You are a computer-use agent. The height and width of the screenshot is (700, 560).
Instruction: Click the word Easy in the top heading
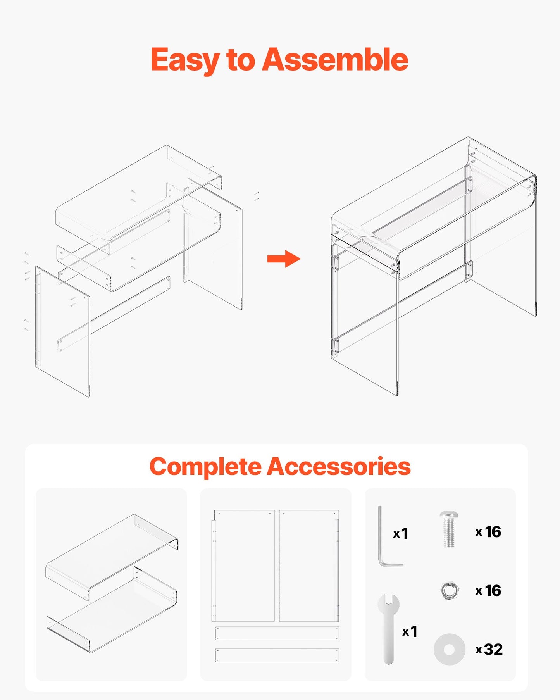pyautogui.click(x=183, y=60)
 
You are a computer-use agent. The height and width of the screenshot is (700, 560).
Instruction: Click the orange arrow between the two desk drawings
pyautogui.click(x=284, y=259)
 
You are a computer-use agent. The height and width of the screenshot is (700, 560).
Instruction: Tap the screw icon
pyautogui.click(x=449, y=529)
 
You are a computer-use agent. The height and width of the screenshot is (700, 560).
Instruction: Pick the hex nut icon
pyautogui.click(x=450, y=591)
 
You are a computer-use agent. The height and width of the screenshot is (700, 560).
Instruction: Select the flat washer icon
pyautogui.click(x=449, y=649)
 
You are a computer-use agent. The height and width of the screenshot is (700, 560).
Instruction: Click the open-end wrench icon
pyautogui.click(x=388, y=628)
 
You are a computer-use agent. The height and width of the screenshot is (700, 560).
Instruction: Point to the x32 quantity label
pyautogui.click(x=489, y=649)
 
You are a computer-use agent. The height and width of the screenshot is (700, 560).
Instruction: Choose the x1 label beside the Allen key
pyautogui.click(x=401, y=534)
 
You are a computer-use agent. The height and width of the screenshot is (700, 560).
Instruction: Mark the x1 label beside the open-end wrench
pyautogui.click(x=410, y=631)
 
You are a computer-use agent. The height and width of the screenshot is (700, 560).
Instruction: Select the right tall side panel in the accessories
pyautogui.click(x=309, y=566)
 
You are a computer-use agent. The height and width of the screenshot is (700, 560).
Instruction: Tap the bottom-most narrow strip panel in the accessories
pyautogui.click(x=277, y=655)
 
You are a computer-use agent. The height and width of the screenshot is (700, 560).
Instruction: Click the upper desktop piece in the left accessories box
pyautogui.click(x=112, y=550)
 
